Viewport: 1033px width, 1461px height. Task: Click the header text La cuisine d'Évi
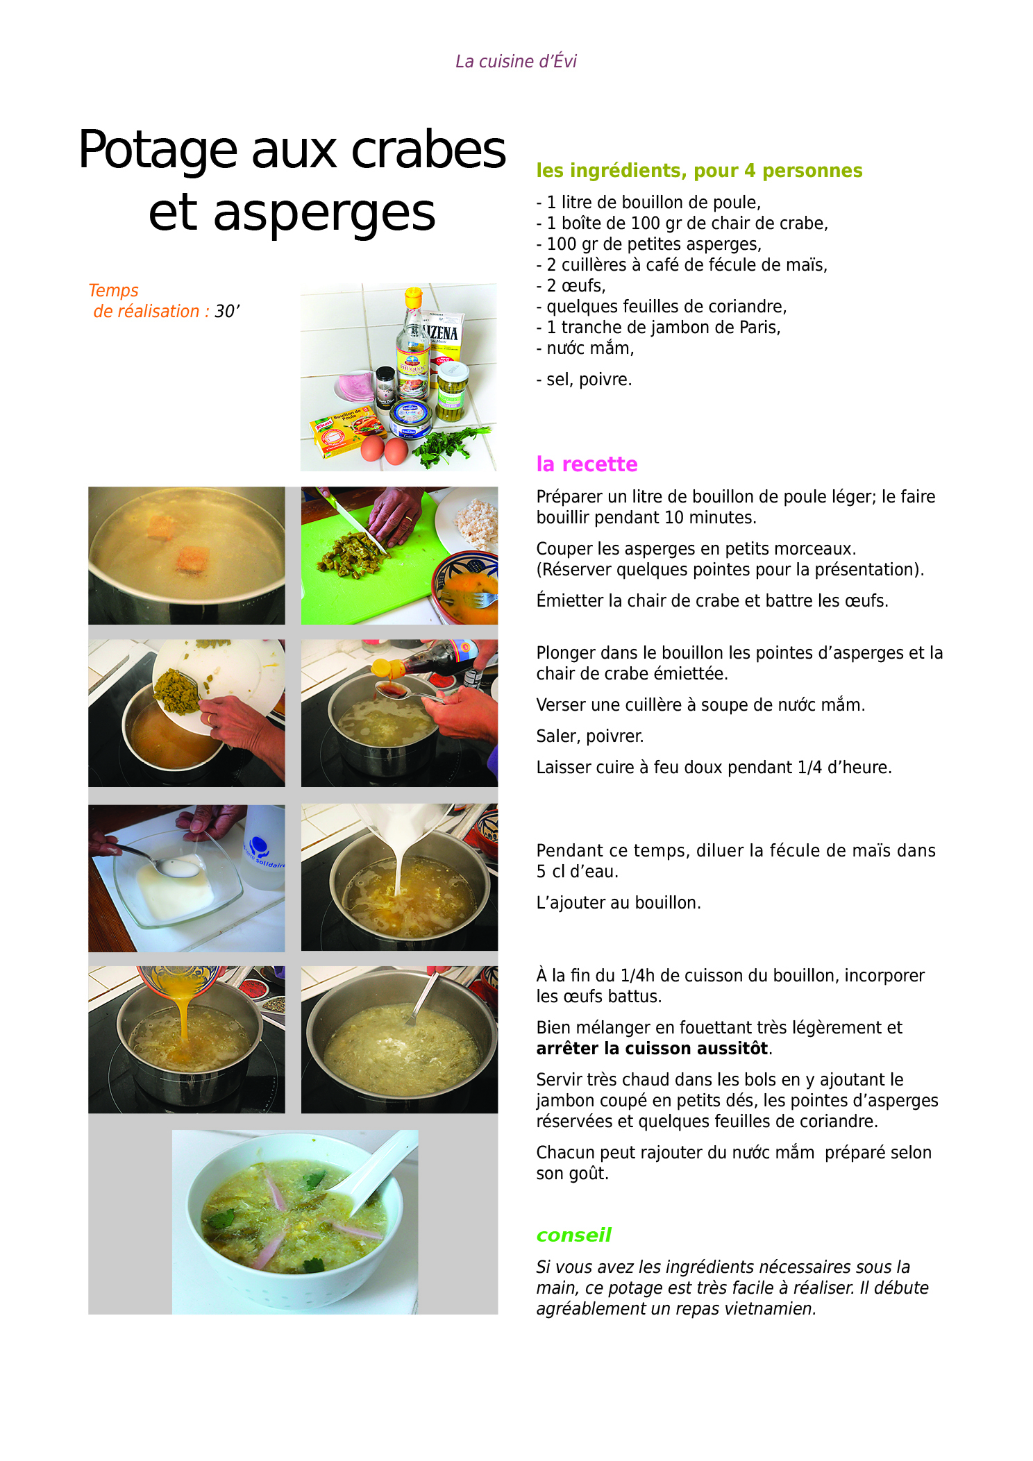coord(516,62)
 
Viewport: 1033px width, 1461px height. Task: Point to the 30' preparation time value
coord(227,311)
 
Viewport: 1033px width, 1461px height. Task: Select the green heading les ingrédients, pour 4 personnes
coord(699,171)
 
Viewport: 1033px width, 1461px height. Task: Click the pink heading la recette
coord(587,464)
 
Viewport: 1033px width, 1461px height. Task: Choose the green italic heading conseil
coord(573,1235)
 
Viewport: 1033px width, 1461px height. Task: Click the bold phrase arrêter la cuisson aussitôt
coord(652,1048)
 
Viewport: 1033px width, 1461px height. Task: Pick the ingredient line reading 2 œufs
coord(571,286)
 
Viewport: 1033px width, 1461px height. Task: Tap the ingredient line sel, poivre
coord(584,380)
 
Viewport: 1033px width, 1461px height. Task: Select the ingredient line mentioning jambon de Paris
coord(658,328)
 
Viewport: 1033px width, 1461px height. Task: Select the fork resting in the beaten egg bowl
coord(468,598)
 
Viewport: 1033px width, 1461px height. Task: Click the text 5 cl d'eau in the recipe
coord(577,872)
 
